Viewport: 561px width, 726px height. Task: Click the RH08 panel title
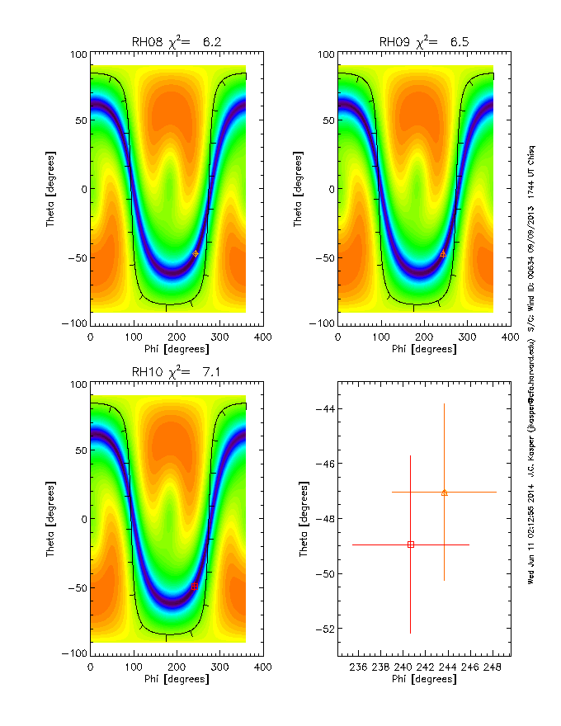tap(177, 41)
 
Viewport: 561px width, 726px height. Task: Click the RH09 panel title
tap(424, 41)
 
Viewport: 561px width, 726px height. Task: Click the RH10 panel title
tap(177, 372)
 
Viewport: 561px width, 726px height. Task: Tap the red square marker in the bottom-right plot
tap(411, 544)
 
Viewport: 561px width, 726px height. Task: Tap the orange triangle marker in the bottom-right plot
tap(445, 493)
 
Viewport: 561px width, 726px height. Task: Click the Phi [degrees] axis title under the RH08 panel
tap(176, 349)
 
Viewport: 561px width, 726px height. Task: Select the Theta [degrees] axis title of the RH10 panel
tap(51, 518)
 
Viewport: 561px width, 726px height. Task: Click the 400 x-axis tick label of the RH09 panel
tap(511, 337)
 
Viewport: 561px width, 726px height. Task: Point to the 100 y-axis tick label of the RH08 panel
tap(78, 54)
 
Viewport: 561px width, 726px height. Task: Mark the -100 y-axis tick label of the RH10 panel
tap(75, 653)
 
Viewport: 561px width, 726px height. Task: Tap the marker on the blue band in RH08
tap(196, 253)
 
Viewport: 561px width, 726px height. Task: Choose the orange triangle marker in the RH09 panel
tap(443, 253)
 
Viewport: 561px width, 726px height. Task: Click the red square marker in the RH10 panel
tap(194, 587)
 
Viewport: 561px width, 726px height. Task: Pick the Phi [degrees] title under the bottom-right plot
tap(423, 679)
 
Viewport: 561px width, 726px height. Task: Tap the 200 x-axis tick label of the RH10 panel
tap(176, 667)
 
